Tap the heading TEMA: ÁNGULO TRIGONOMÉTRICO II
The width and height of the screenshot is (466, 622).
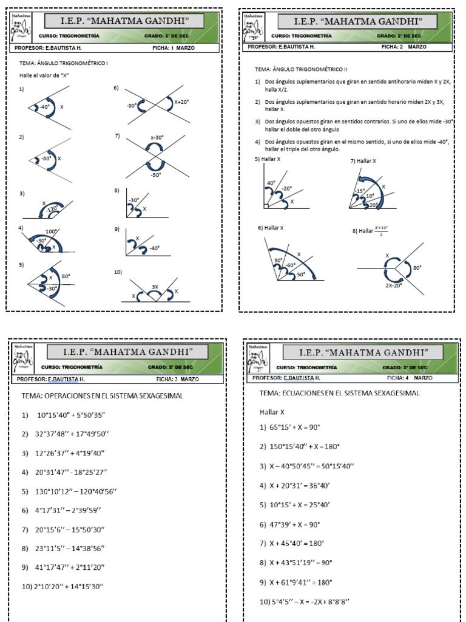pyautogui.click(x=301, y=70)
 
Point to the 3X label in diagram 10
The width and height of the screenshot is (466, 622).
pyautogui.click(x=155, y=286)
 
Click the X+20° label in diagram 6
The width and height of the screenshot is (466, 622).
pyautogui.click(x=182, y=102)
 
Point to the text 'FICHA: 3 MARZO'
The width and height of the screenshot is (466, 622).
pyautogui.click(x=177, y=378)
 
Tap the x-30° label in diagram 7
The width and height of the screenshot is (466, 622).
pyautogui.click(x=158, y=137)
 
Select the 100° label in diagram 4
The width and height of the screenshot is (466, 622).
pyautogui.click(x=50, y=231)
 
